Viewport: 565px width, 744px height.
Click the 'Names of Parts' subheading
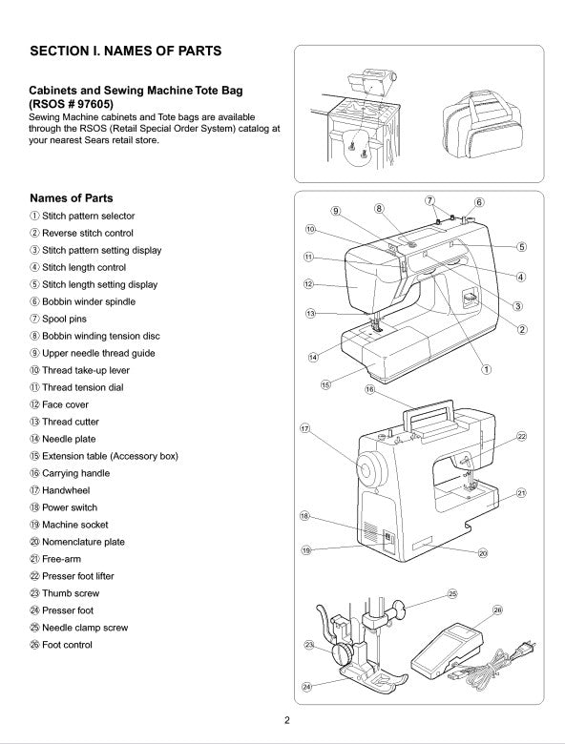coord(72,198)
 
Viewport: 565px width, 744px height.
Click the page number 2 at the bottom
coord(285,721)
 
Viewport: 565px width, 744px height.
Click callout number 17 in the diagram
coord(305,429)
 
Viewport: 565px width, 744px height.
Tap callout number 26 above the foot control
coord(497,610)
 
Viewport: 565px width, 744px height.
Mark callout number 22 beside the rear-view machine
coord(521,436)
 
